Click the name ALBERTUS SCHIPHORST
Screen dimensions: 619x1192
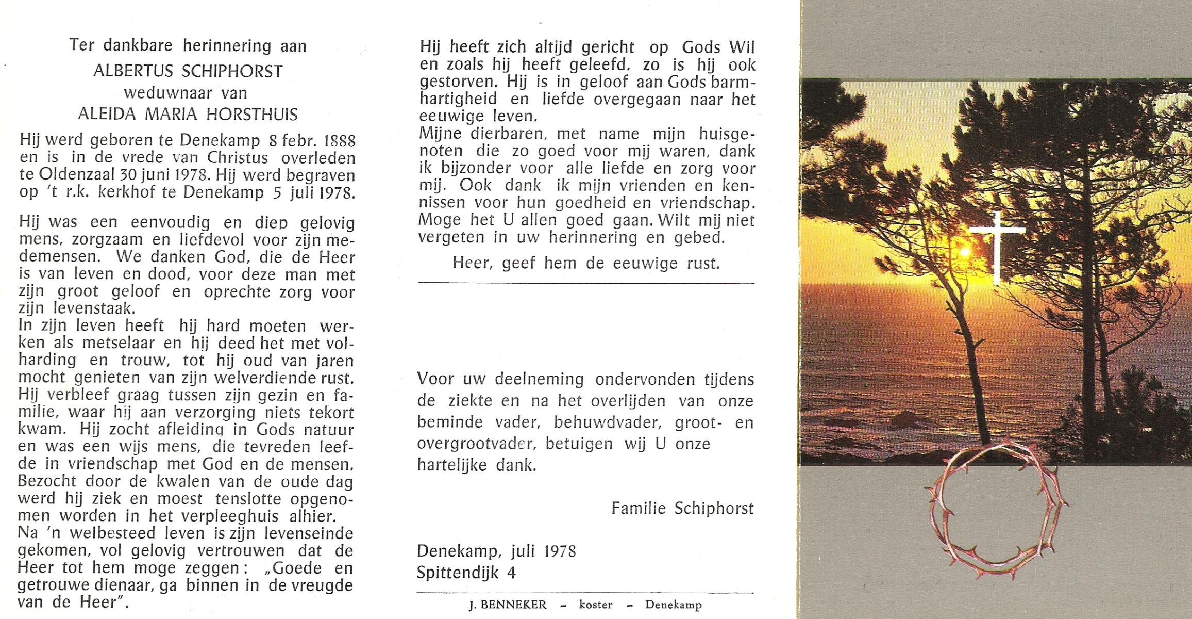coord(188,71)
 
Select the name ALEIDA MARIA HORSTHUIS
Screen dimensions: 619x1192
coord(188,114)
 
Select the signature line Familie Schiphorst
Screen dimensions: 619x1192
coord(682,509)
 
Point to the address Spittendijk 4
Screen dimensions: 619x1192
coord(466,573)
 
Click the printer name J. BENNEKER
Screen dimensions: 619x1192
coord(507,605)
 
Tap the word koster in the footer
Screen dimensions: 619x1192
coord(596,605)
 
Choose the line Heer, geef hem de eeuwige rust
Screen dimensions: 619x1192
coord(586,264)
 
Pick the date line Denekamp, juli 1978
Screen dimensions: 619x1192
coord(496,551)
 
